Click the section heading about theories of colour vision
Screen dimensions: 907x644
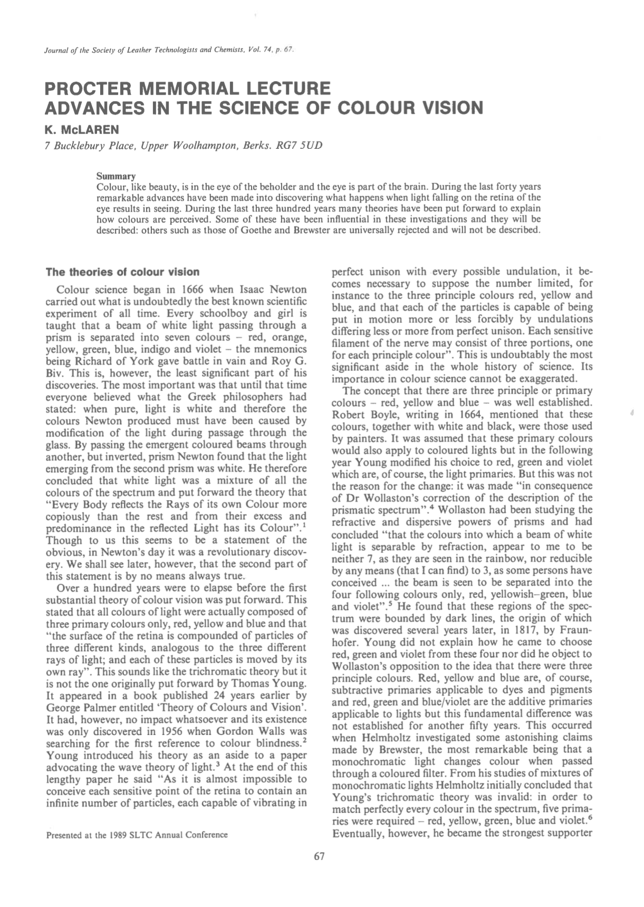[122, 272]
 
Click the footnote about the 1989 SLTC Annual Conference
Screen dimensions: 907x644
[137, 835]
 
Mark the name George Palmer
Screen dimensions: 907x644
[78, 707]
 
